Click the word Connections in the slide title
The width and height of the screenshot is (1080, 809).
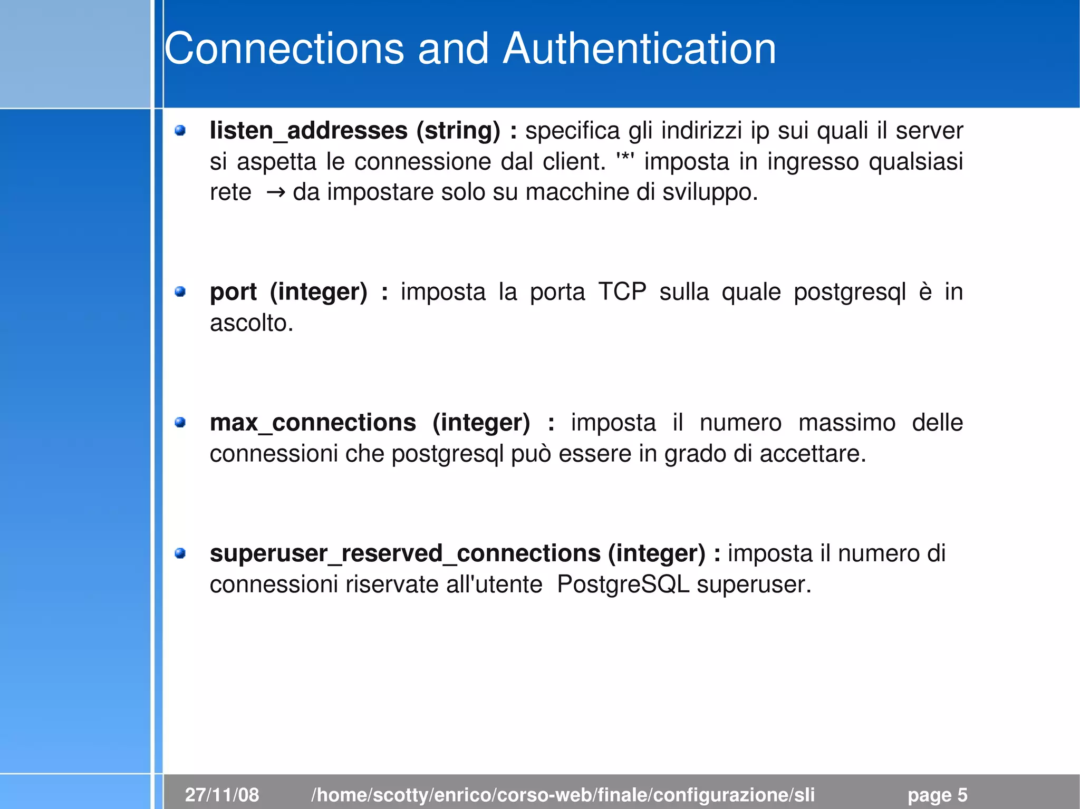point(284,48)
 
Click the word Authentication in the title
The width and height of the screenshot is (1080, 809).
point(639,48)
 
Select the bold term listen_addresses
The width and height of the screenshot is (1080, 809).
point(308,131)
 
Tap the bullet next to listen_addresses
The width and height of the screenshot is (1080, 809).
point(180,130)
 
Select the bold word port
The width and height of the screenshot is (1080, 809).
point(233,292)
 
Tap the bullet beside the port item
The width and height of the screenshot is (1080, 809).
point(180,291)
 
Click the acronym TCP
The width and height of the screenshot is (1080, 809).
point(622,291)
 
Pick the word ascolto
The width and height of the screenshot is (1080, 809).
point(251,323)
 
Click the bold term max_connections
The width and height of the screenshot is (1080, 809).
point(313,423)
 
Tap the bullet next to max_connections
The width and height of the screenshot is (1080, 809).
point(180,422)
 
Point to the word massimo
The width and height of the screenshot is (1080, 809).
point(846,423)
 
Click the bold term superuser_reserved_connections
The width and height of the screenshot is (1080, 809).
point(405,553)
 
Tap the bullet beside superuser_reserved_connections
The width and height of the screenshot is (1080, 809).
point(180,553)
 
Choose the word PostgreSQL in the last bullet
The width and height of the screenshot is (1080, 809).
point(623,584)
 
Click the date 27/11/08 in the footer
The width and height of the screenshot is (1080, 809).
point(222,795)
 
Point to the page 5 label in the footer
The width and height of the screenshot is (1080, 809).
point(937,795)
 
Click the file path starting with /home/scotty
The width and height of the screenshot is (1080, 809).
point(563,795)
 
